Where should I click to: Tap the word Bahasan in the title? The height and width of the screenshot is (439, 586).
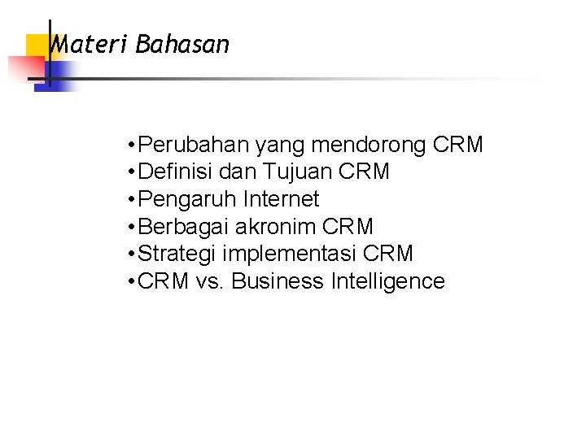coord(183,45)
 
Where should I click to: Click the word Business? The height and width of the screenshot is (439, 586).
coord(277,281)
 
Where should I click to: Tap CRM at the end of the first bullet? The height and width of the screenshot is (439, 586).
coord(458,146)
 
